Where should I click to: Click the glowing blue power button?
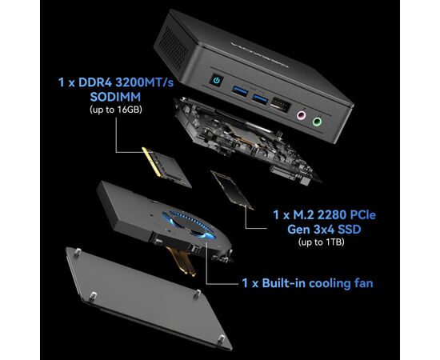[x=216, y=81]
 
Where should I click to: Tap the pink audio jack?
[x=301, y=115]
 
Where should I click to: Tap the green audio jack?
[x=318, y=122]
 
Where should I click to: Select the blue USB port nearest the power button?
[x=240, y=91]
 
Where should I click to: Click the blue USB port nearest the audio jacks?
[x=260, y=98]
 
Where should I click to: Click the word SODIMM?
[x=115, y=97]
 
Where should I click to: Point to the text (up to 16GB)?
[x=116, y=110]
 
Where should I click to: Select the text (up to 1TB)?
[x=322, y=242]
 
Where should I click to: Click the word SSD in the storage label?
[x=349, y=230]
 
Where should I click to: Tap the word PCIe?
[x=363, y=215]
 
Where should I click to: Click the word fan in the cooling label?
[x=362, y=283]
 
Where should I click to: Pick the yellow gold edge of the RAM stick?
[x=151, y=162]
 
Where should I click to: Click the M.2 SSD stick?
[x=232, y=190]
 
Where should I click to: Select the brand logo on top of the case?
[x=259, y=55]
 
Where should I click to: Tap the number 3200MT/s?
[x=145, y=82]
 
